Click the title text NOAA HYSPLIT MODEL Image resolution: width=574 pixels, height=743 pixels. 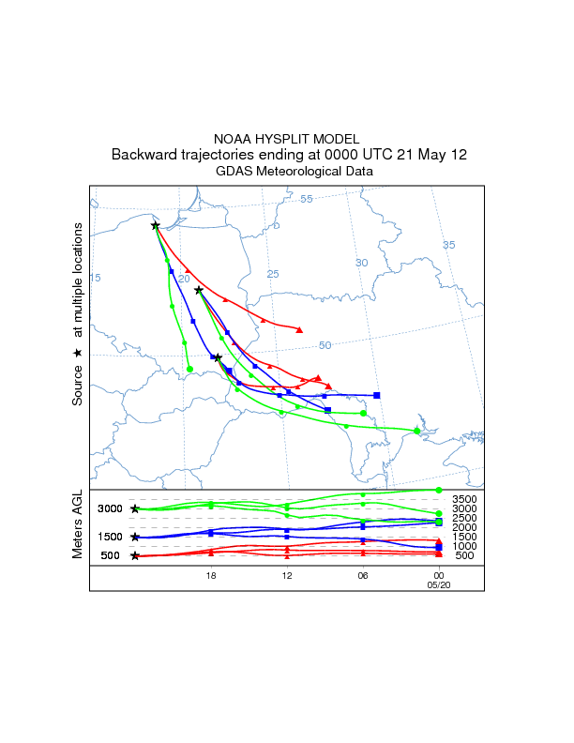tap(286, 138)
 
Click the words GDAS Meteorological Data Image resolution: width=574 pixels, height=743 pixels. tap(295, 172)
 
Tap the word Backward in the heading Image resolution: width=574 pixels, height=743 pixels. tap(144, 155)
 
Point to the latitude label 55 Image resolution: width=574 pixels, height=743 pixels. tap(307, 199)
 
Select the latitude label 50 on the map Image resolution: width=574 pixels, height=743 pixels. tap(325, 345)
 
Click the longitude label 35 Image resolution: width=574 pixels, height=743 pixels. tap(448, 245)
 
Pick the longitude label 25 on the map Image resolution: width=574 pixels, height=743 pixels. tap(273, 274)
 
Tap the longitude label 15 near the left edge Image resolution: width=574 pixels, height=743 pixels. tap(95, 278)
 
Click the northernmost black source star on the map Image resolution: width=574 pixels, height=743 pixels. tap(156, 225)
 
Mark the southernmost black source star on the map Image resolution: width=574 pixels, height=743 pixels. tap(218, 357)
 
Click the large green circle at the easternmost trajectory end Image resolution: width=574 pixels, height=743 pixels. tap(417, 431)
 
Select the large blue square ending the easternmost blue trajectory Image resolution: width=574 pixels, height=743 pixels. tap(377, 395)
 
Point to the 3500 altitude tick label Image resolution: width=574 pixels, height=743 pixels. tap(465, 499)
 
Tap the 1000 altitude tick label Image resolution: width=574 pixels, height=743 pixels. tap(465, 546)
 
